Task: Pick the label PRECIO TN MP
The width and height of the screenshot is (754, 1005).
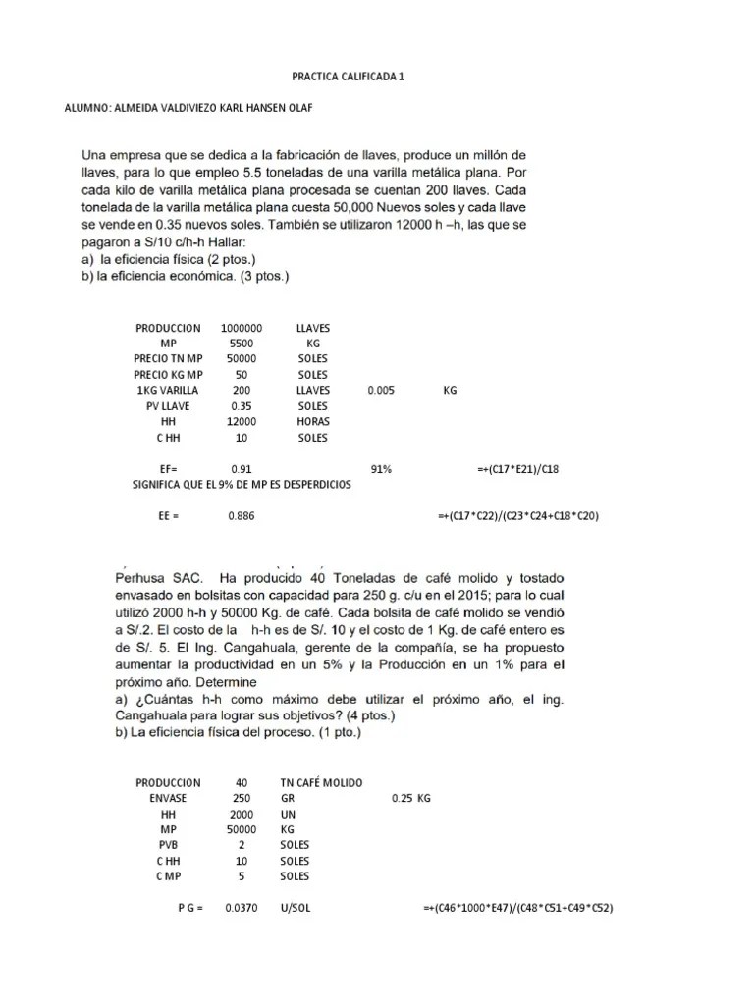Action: (168, 359)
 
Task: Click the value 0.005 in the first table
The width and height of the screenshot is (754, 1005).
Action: (381, 391)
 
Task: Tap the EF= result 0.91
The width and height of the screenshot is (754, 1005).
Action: (241, 470)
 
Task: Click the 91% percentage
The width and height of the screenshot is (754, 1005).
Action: (381, 470)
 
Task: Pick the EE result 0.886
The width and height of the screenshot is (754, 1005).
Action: (242, 515)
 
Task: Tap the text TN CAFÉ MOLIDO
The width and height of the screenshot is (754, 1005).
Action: (321, 782)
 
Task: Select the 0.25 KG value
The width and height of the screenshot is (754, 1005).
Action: (411, 798)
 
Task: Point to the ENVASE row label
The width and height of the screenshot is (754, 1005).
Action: (168, 798)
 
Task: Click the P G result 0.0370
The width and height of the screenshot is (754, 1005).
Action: (241, 909)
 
